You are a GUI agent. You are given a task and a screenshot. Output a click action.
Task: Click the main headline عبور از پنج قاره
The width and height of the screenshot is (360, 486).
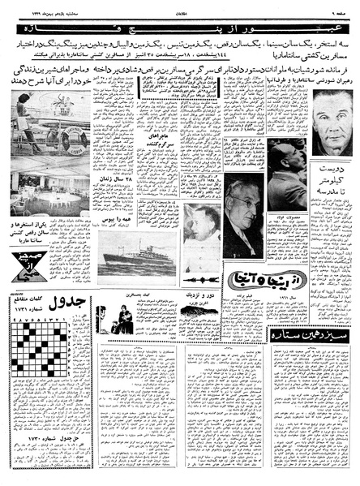click(x=180, y=30)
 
